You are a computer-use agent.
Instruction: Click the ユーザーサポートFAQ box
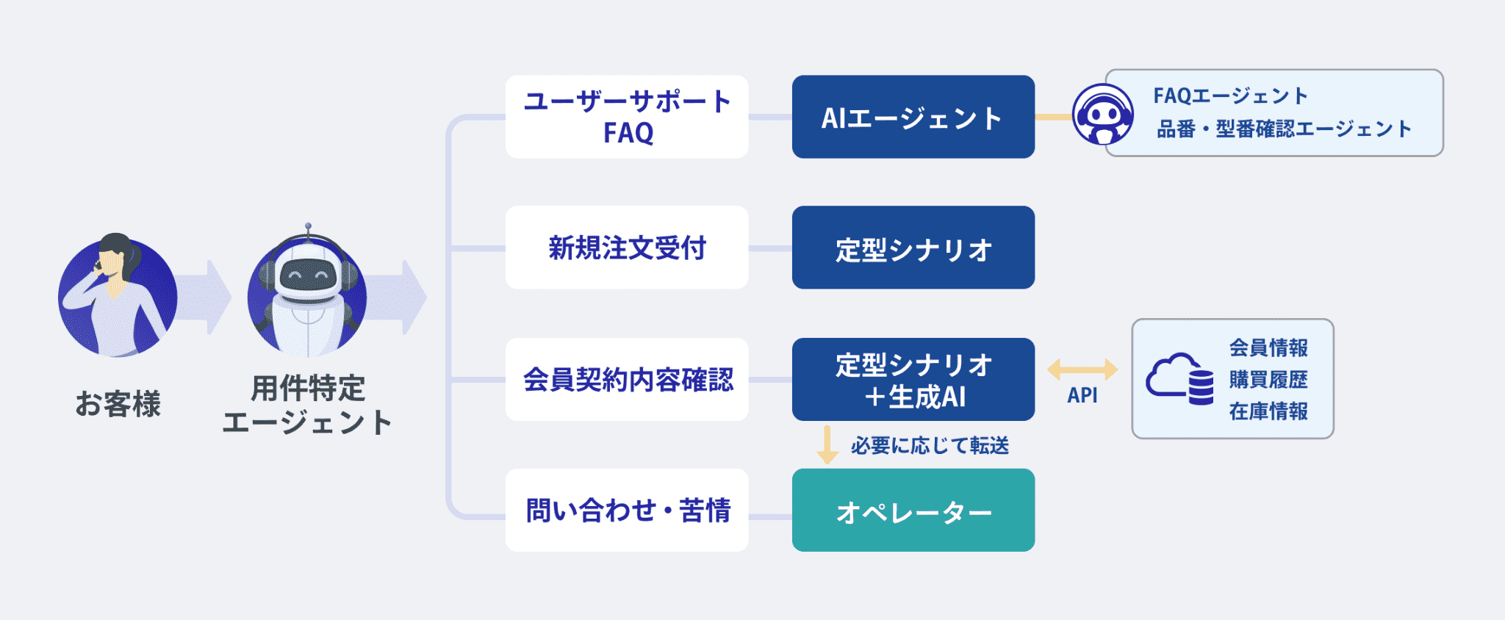627,117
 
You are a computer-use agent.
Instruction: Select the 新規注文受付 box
627,248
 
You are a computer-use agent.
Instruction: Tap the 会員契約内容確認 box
627,379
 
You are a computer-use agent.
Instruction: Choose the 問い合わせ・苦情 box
627,510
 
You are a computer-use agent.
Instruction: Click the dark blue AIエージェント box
913,117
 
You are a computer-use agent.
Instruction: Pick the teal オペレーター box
913,510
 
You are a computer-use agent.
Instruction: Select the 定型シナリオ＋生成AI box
913,379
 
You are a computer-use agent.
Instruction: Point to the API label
1082,395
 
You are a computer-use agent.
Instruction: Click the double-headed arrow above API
1082,370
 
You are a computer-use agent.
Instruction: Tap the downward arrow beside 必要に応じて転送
827,444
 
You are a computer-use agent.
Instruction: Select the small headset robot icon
1102,115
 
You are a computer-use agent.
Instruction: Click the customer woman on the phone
118,298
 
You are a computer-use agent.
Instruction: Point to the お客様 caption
118,404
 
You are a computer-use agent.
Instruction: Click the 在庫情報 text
1268,411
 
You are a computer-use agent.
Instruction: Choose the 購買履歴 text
1268,380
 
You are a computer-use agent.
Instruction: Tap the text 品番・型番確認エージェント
1284,129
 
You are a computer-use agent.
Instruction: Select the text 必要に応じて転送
930,445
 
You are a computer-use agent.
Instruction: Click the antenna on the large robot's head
308,229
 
